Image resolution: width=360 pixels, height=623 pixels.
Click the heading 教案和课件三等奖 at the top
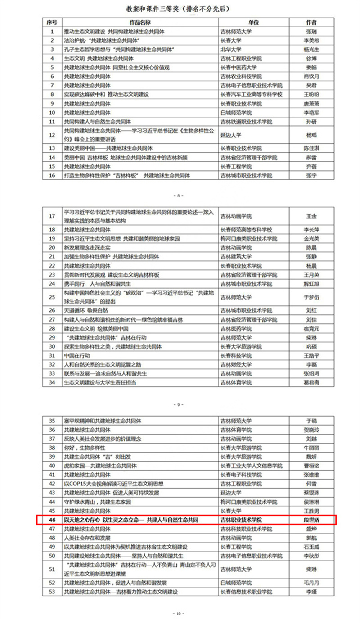pos(179,9)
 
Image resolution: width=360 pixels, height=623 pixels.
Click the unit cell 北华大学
pos(231,49)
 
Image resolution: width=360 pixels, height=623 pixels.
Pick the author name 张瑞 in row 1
pos(311,31)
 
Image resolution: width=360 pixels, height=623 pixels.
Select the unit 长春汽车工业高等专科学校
pos(251,94)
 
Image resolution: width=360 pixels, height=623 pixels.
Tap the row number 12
pos(52,134)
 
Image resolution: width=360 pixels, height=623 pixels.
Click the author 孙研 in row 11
pos(311,121)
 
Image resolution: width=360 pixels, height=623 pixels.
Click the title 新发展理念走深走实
pos(87,247)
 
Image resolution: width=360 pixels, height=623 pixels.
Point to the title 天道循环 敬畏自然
pos(86,310)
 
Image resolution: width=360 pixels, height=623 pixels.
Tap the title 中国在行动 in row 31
pos(77,355)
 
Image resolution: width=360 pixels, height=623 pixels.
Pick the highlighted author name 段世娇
pos(311,520)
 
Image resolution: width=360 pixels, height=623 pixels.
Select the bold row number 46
pos(52,520)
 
